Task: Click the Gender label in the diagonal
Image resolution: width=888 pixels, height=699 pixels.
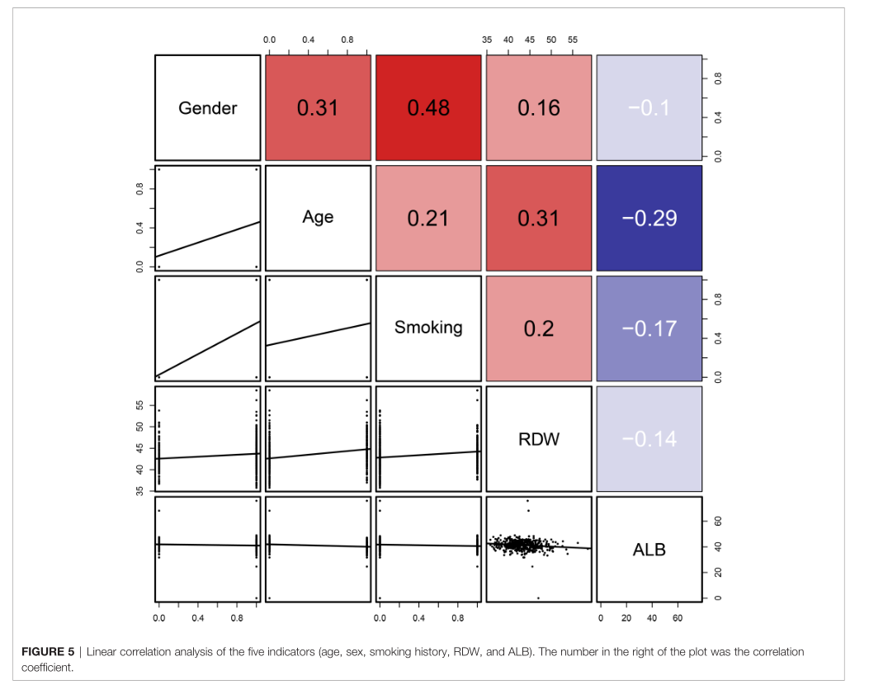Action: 207,108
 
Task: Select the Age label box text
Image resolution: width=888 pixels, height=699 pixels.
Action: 318,217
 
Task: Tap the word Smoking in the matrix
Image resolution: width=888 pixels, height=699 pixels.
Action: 428,328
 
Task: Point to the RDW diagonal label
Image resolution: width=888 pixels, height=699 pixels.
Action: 539,439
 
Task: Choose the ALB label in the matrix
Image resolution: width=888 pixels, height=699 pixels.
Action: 649,550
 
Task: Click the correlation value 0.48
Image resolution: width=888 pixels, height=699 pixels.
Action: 428,108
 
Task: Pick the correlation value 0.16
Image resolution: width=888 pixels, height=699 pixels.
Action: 539,108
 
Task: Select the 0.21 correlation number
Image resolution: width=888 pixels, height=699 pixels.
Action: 428,219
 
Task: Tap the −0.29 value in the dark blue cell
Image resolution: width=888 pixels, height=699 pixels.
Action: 649,219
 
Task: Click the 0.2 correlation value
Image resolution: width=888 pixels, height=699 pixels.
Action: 539,329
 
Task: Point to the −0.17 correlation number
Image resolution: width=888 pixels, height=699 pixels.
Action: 649,329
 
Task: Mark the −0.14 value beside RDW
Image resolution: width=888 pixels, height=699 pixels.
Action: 649,439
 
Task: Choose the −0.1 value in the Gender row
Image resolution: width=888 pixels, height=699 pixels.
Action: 649,108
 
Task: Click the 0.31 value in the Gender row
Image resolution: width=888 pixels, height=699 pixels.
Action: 318,108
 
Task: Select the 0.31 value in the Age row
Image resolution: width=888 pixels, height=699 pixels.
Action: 539,219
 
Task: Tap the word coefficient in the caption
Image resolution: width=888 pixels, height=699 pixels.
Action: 47,668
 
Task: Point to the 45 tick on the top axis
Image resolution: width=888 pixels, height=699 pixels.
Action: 530,40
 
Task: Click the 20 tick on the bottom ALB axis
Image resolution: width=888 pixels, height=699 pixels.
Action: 626,617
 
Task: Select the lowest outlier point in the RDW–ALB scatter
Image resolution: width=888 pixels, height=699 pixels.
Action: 538,597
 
